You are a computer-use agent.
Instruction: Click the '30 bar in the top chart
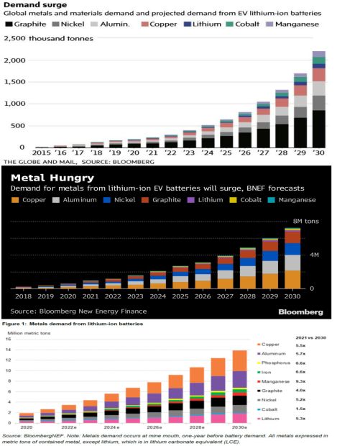click(x=318, y=101)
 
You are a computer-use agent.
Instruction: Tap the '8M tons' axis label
click(x=305, y=222)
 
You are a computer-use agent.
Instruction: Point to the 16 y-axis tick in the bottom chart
click(x=9, y=340)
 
